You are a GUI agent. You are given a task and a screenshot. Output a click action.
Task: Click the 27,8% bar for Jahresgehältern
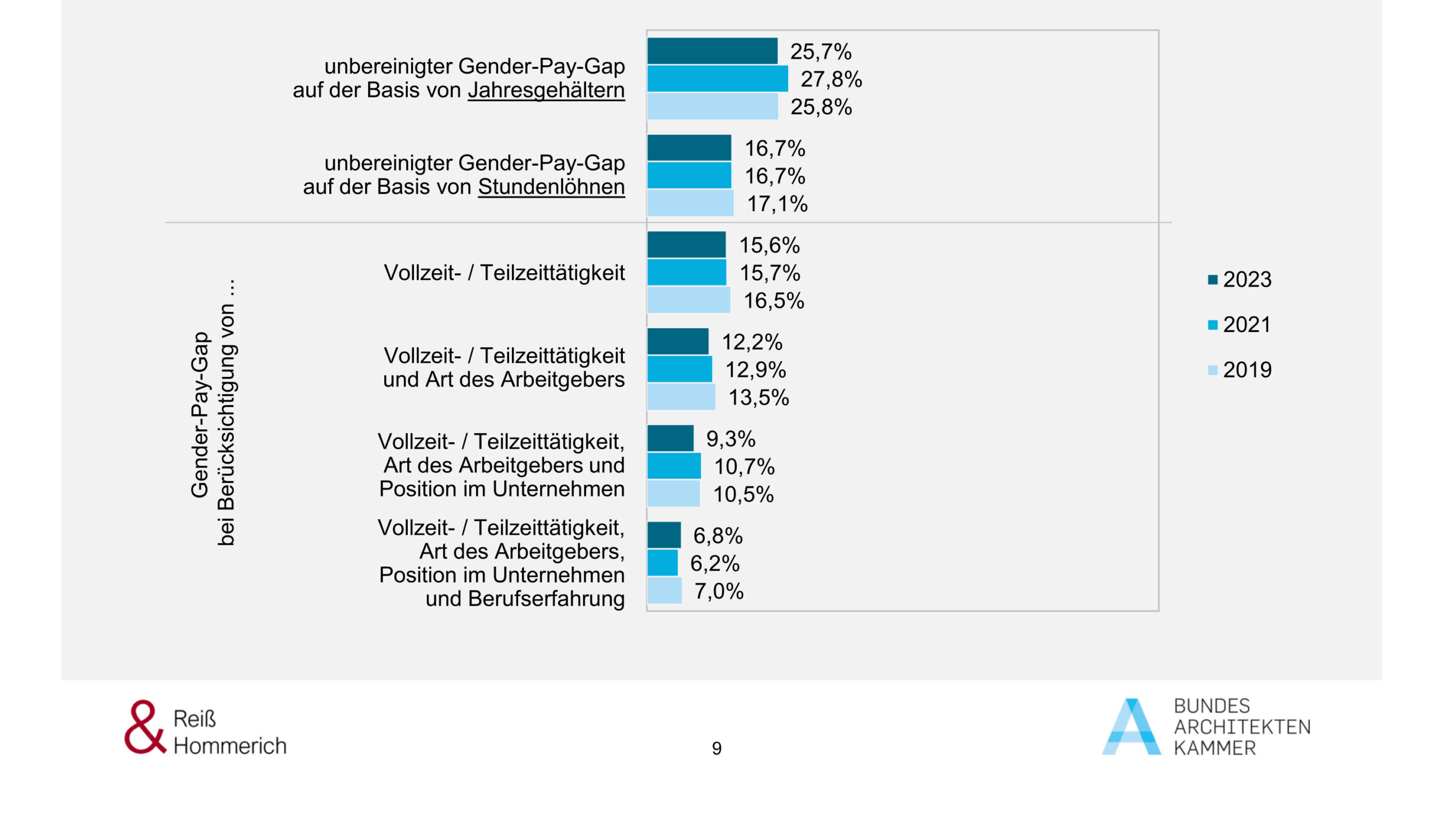717,78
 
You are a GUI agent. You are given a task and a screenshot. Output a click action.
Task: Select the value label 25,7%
821,52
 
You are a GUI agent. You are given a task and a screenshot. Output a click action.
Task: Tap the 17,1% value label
777,204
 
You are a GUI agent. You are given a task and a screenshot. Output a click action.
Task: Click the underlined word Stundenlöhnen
551,187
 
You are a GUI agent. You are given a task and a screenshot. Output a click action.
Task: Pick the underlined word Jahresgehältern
546,90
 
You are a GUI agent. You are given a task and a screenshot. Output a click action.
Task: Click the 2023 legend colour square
1213,280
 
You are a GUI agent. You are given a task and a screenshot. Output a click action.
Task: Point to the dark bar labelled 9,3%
670,438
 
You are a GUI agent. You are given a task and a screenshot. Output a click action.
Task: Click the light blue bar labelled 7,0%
664,591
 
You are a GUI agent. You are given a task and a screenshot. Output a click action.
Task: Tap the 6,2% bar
662,563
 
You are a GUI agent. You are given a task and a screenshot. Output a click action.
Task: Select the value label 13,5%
758,397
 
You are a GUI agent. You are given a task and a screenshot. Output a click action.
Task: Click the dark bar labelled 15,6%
686,245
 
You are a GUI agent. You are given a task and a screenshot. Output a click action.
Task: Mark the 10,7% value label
744,466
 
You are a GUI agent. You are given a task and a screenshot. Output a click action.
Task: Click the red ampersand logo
145,727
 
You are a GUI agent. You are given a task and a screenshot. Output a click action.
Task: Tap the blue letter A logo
1132,728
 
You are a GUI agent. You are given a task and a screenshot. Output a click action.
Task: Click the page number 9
716,748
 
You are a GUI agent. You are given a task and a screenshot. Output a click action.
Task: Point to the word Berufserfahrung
546,599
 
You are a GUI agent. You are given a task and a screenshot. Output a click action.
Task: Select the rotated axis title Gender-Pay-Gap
200,414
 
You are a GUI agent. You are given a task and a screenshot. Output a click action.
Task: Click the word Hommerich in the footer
230,746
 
